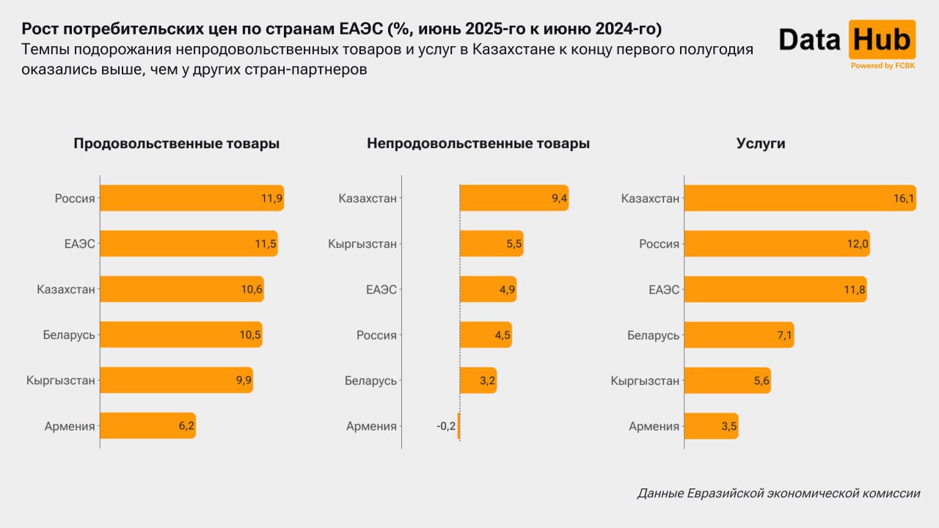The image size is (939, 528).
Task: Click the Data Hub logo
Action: point(847,40)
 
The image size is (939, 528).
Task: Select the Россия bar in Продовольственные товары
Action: point(191,198)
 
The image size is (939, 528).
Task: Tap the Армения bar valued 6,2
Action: point(147,426)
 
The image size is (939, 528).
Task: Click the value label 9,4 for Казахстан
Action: point(558,198)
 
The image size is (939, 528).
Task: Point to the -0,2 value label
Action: point(445,426)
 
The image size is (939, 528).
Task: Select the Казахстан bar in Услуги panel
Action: point(800,198)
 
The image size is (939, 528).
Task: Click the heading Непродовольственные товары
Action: point(478,144)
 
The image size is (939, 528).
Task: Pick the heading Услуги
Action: point(761,144)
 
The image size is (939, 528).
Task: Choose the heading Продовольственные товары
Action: point(176,144)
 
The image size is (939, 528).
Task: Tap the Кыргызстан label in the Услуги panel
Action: point(645,381)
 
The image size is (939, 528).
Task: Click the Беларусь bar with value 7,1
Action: point(739,335)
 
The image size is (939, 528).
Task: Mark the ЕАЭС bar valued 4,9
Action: point(488,290)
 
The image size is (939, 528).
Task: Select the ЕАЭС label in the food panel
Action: point(79,243)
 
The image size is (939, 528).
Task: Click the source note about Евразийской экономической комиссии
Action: point(778,494)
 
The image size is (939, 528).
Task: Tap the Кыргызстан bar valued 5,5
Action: point(492,243)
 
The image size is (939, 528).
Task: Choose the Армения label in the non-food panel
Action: point(371,426)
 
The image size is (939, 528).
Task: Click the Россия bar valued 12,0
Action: point(777,243)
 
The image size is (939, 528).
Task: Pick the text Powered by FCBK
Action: point(882,66)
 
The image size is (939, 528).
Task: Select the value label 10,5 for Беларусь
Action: point(250,335)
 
